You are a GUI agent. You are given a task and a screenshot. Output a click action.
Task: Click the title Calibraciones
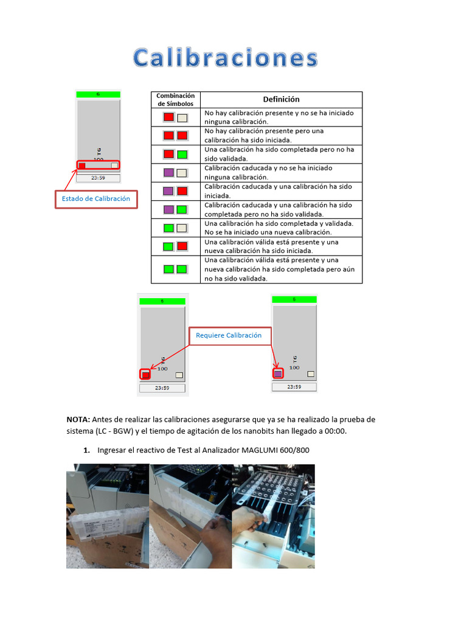pyautogui.click(x=226, y=58)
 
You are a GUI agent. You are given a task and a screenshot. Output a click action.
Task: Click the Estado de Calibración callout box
pyautogui.click(x=96, y=199)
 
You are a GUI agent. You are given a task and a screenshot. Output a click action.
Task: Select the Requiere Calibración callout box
pyautogui.click(x=229, y=336)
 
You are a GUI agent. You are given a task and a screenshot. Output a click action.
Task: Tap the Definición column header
pyautogui.click(x=281, y=99)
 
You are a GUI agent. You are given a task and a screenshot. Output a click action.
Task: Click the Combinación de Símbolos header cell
pyautogui.click(x=176, y=100)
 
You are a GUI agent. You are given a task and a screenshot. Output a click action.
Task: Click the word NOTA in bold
pyautogui.click(x=78, y=420)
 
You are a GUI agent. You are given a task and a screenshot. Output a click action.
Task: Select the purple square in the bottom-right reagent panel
pyautogui.click(x=278, y=374)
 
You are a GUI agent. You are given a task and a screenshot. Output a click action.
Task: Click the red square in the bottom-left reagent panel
pyautogui.click(x=145, y=375)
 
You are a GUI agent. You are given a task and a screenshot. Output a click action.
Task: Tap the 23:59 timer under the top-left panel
pyautogui.click(x=98, y=178)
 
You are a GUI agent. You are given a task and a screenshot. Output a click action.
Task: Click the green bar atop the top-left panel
pyautogui.click(x=98, y=94)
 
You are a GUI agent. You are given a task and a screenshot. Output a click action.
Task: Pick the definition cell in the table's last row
pyautogui.click(x=281, y=270)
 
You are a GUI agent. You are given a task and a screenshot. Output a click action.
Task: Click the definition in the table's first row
pyautogui.click(x=281, y=117)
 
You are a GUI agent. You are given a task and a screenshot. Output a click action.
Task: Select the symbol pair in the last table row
pyautogui.click(x=175, y=269)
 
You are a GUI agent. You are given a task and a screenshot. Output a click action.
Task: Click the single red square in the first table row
pyautogui.click(x=169, y=117)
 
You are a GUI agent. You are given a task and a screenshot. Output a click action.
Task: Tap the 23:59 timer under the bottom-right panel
pyautogui.click(x=294, y=387)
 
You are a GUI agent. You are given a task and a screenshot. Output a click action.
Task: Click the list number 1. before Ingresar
pyautogui.click(x=86, y=450)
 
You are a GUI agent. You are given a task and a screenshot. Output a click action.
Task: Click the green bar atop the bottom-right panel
pyautogui.click(x=294, y=299)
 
